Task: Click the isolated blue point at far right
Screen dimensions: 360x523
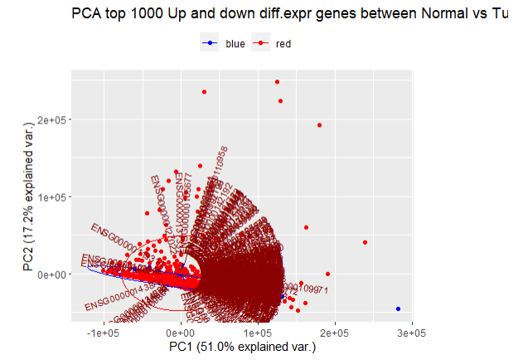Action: click(398, 309)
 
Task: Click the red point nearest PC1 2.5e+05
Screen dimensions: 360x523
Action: click(365, 242)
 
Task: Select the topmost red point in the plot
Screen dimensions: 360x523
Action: click(278, 82)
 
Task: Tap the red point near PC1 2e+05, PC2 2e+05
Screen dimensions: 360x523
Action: click(319, 125)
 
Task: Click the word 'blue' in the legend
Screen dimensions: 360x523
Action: click(235, 44)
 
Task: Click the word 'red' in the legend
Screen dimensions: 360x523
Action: click(283, 44)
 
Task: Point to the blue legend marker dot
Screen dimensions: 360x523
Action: click(211, 44)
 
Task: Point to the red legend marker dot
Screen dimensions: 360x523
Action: click(261, 44)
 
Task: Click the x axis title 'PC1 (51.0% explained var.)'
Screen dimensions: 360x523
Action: click(242, 346)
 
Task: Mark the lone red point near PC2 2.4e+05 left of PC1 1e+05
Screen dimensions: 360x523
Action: click(204, 91)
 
